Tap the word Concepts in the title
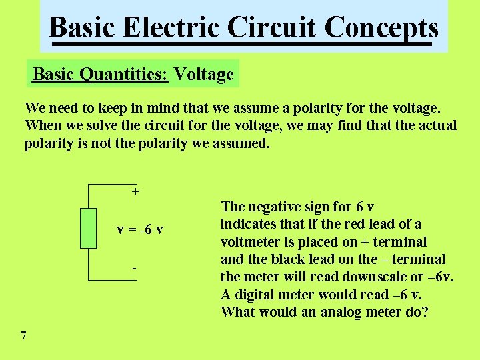pyautogui.click(x=382, y=28)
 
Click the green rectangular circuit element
pyautogui.click(x=88, y=228)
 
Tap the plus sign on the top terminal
pyautogui.click(x=135, y=192)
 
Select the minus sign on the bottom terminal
pyautogui.click(x=134, y=268)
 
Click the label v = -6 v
pyautogui.click(x=140, y=230)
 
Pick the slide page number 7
pyautogui.click(x=23, y=336)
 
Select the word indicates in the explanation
pyautogui.click(x=247, y=224)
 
